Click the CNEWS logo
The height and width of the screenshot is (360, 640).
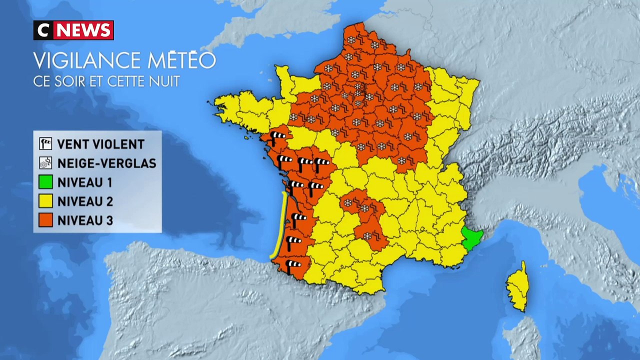tap(73, 30)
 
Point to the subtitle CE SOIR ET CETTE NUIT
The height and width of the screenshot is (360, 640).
tap(106, 81)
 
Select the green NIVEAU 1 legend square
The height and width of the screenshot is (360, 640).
tap(45, 182)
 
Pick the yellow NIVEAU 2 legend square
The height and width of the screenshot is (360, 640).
tap(45, 201)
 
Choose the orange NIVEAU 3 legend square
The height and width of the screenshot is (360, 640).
tap(45, 220)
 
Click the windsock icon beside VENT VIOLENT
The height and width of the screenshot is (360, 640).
tap(45, 144)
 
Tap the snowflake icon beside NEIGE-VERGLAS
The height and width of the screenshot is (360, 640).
tap(45, 163)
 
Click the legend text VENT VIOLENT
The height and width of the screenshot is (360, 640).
tap(100, 144)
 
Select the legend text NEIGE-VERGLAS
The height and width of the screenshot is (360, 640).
tap(106, 163)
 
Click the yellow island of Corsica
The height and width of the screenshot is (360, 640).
tap(517, 287)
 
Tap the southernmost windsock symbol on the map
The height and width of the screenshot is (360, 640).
tap(293, 264)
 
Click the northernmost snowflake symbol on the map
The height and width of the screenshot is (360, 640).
tap(351, 39)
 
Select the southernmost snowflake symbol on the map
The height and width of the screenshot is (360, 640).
tap(367, 235)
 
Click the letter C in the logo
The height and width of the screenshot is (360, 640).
tap(43, 30)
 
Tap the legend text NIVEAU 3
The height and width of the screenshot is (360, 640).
tap(85, 220)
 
